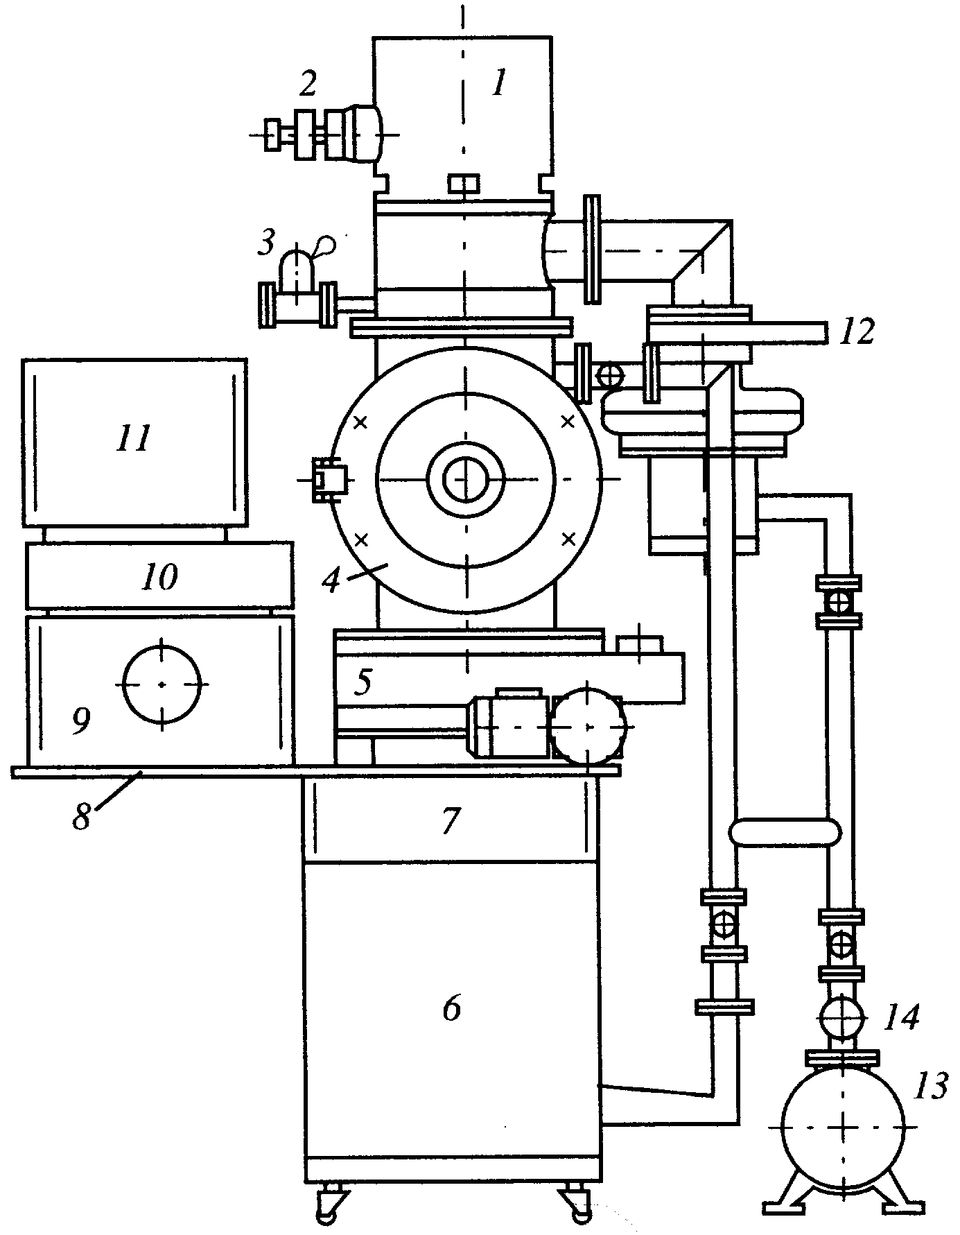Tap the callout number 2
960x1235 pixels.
[x=308, y=84]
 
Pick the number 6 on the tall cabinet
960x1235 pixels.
[x=451, y=1009]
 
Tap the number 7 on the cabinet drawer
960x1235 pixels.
[x=451, y=821]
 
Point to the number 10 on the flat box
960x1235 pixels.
[x=159, y=576]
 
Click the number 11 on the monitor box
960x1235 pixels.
[x=134, y=438]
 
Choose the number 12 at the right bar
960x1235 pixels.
[x=856, y=331]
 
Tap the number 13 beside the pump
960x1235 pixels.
[x=930, y=1087]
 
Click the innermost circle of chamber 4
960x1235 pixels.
[x=466, y=479]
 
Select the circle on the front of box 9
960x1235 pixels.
[x=162, y=684]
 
